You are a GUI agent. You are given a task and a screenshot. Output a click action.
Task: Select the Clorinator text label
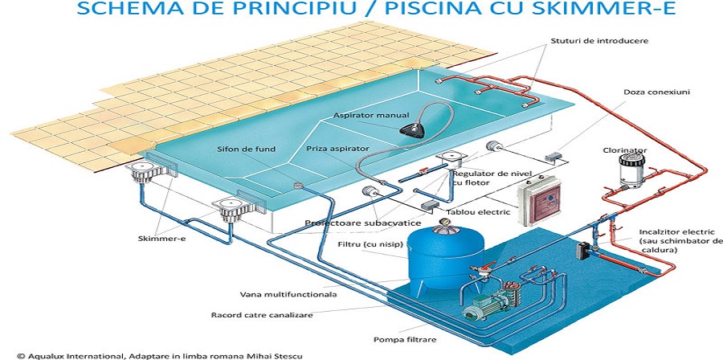625,150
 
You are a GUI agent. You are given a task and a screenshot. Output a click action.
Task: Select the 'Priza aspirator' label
337,149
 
